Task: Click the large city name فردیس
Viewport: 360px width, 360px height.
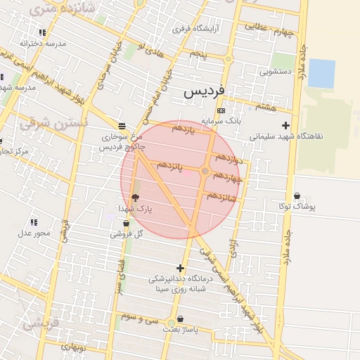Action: (205, 92)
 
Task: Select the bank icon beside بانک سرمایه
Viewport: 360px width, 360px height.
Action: (221, 110)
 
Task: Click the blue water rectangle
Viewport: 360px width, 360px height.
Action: (321, 73)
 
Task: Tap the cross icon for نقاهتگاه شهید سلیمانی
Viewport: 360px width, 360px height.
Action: (285, 125)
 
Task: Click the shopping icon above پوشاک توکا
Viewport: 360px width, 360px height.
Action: (297, 196)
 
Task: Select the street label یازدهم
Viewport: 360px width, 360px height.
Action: (182, 129)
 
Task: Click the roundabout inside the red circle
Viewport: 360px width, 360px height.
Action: (205, 171)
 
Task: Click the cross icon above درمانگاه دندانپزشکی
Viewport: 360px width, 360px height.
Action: (181, 268)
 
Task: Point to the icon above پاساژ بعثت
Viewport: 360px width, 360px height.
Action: (181, 319)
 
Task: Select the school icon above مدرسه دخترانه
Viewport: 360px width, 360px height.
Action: (43, 32)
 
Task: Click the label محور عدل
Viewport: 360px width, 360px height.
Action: (35, 233)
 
